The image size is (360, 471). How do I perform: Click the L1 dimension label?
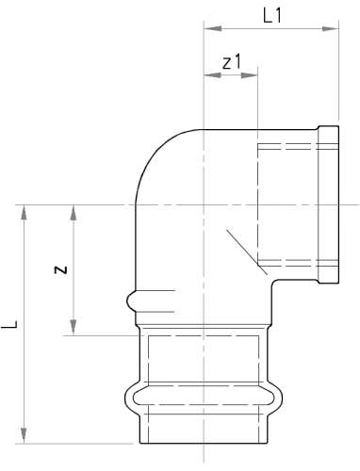pos(272,16)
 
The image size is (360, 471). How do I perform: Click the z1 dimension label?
pos(232,62)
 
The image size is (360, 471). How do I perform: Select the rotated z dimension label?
pos(60,269)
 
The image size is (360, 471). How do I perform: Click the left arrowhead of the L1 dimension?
pos(213,29)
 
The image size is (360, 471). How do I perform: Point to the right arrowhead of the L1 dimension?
pos(330,29)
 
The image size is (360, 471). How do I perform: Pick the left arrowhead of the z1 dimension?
pos(213,75)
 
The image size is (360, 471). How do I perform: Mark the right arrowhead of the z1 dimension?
pos(249,75)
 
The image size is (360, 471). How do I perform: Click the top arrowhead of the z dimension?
pos(74,213)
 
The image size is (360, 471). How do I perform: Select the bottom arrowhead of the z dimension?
pos(74,328)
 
